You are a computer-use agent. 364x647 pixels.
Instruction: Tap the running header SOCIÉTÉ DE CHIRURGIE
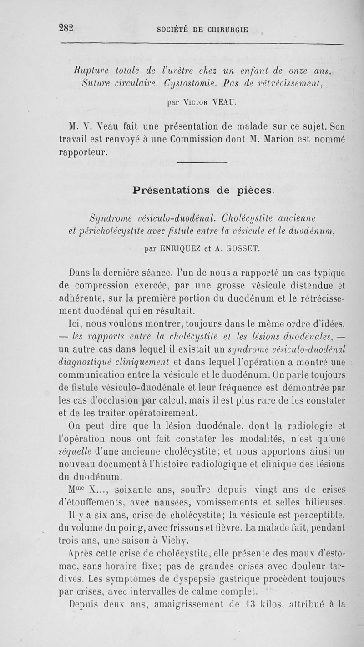(x=202, y=30)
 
